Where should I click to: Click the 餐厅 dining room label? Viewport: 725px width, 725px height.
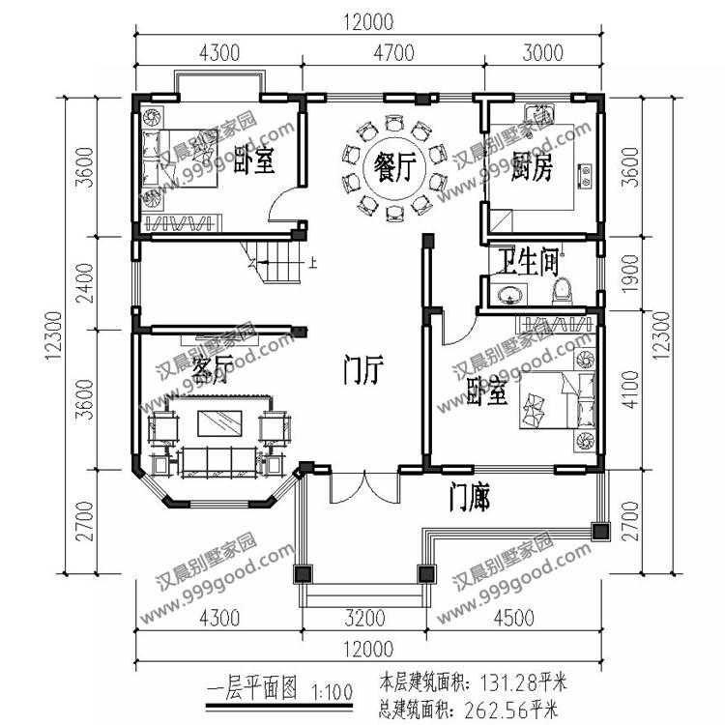(x=394, y=167)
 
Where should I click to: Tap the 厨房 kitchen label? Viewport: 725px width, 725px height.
(x=532, y=167)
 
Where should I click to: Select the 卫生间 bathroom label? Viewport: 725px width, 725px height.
(x=528, y=262)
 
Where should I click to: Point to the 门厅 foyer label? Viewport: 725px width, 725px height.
(x=363, y=370)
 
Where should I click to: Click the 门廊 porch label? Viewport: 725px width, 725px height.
(x=470, y=498)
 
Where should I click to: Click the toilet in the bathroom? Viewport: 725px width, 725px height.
(x=563, y=291)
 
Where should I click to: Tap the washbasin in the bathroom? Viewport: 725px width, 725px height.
(x=510, y=294)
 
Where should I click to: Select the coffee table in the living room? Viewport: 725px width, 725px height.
(x=219, y=423)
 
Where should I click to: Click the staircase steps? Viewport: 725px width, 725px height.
(x=277, y=262)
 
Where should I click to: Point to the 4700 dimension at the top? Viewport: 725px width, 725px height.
(x=394, y=53)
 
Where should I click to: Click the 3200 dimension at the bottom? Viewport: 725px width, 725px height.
(x=364, y=618)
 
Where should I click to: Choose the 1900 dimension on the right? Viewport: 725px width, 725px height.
(x=630, y=274)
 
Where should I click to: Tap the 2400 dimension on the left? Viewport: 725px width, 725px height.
(x=85, y=283)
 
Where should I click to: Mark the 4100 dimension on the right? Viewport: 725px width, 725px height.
(x=630, y=390)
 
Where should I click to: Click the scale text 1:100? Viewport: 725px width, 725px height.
(x=332, y=692)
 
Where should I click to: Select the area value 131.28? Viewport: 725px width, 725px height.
(x=508, y=682)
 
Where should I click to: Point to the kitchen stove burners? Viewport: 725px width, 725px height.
(x=586, y=176)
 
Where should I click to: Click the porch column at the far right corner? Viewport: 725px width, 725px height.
(x=601, y=532)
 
